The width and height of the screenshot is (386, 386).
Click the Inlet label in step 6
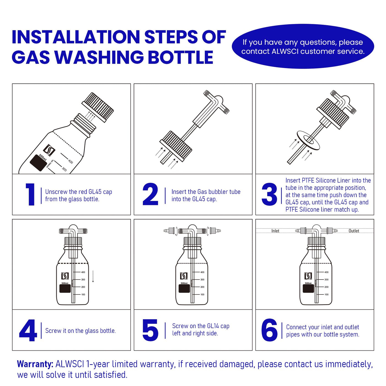[x=275, y=231]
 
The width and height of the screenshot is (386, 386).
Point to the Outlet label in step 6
[x=354, y=231]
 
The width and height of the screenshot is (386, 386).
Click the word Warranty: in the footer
[x=35, y=364]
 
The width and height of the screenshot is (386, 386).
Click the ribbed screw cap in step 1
[x=98, y=107]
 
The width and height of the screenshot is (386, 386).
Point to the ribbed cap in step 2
[x=176, y=146]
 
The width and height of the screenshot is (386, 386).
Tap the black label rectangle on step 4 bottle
[x=65, y=289]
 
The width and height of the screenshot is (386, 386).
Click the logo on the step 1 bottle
[x=49, y=150]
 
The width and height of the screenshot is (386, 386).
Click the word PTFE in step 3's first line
[x=307, y=181]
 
